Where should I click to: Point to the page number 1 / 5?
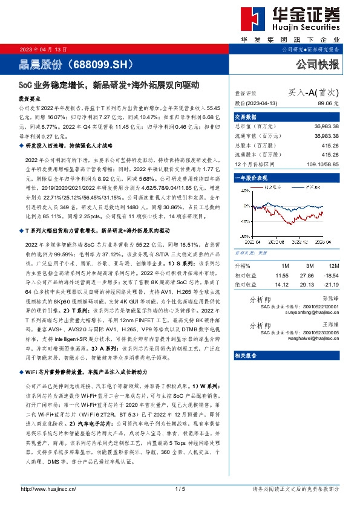[180, 488]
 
